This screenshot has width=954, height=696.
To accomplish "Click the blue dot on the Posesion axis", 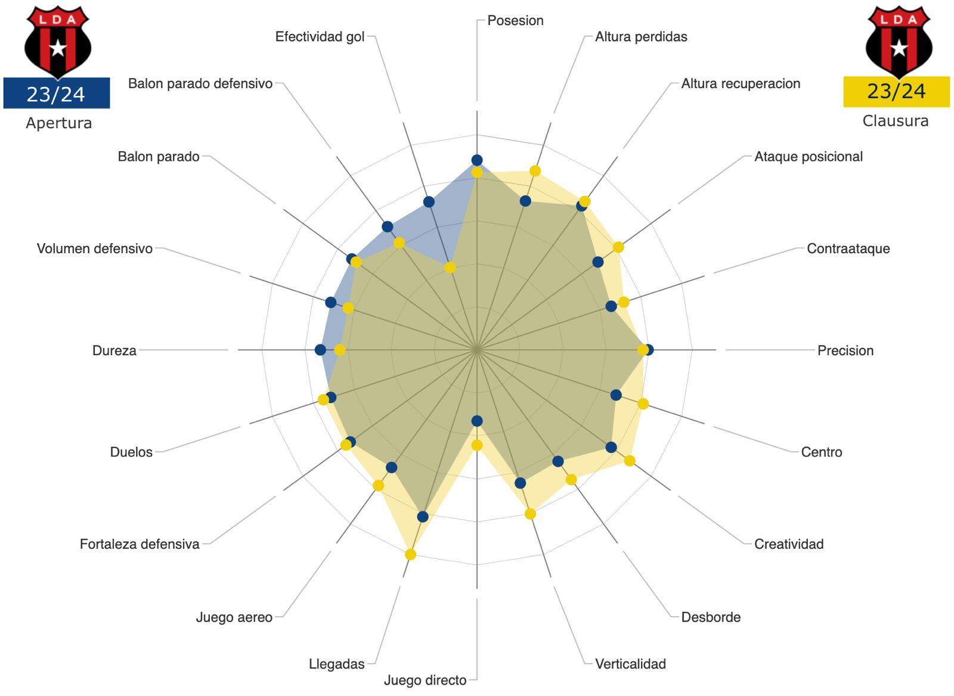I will coord(476,160).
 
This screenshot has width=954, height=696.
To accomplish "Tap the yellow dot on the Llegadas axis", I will coord(410,554).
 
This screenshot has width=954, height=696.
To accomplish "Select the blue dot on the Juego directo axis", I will coord(476,421).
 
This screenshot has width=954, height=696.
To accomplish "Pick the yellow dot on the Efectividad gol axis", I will coord(450,268).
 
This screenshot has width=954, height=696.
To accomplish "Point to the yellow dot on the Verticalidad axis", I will coord(530,514).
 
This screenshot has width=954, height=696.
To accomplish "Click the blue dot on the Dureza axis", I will coord(320,350).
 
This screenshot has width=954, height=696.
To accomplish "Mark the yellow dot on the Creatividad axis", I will coord(630,461).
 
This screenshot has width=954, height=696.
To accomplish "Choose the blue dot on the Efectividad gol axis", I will coord(429,202).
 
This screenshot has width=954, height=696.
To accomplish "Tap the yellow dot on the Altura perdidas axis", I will coord(535,171).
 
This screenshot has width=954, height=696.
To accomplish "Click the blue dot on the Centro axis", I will coord(616,395).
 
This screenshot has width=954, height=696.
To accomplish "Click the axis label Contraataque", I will coord(848,248).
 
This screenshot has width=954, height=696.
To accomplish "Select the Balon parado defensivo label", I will coord(200,83).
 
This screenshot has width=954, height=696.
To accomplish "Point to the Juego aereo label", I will coord(234,617).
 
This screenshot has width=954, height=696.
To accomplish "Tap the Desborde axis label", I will coord(711,617).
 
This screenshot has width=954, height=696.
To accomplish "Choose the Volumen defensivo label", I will coord(95,248).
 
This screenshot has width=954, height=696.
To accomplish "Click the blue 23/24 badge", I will coord(56,94).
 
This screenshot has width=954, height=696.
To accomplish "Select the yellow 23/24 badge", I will coord(896,91).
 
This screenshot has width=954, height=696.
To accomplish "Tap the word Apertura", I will coord(58,123).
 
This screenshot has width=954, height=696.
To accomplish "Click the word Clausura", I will coord(896,121).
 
